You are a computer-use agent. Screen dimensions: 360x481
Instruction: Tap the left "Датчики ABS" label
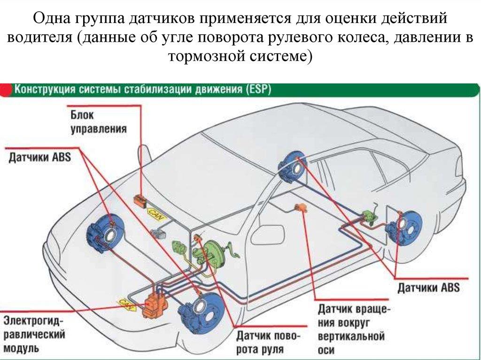pos(39,157)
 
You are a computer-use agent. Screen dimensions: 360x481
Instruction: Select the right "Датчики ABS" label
pos(428,287)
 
